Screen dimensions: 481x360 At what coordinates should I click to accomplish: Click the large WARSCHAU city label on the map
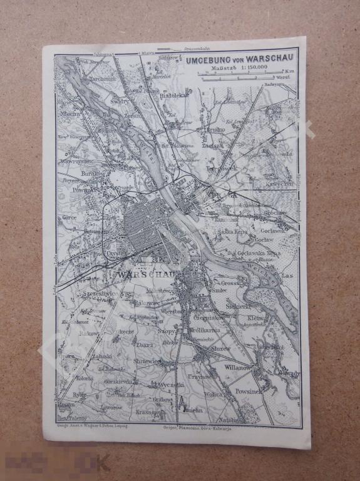coord(149,275)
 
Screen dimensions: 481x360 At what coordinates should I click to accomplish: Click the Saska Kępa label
coord(232,231)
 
